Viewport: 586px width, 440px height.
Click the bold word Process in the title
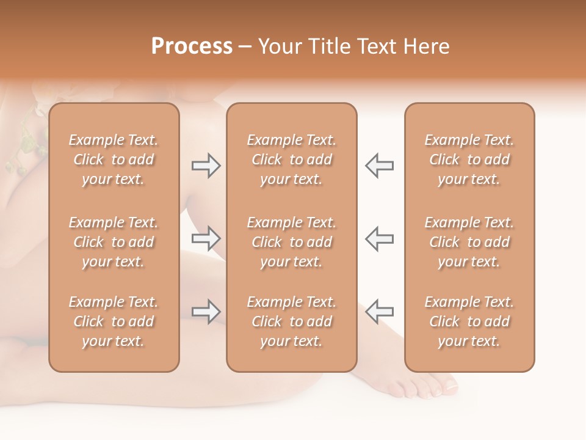[x=192, y=46]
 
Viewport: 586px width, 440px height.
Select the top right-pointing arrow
[x=206, y=166]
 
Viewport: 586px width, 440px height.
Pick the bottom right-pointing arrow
[x=206, y=311]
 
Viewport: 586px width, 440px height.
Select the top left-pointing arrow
[x=379, y=166]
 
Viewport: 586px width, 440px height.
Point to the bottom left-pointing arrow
[x=379, y=311]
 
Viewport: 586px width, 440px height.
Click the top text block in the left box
[x=114, y=159]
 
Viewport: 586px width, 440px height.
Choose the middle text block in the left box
[x=114, y=242]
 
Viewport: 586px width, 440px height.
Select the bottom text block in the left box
[x=114, y=321]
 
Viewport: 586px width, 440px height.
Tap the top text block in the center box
[x=291, y=159]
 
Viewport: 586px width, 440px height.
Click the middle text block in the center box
[x=291, y=242]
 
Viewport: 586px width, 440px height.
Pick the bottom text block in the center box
[x=291, y=321]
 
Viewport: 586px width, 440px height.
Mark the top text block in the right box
[x=469, y=159]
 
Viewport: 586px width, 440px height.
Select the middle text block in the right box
[x=469, y=242]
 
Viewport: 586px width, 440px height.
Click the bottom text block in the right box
[x=469, y=321]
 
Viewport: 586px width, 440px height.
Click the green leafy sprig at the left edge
[x=26, y=144]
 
